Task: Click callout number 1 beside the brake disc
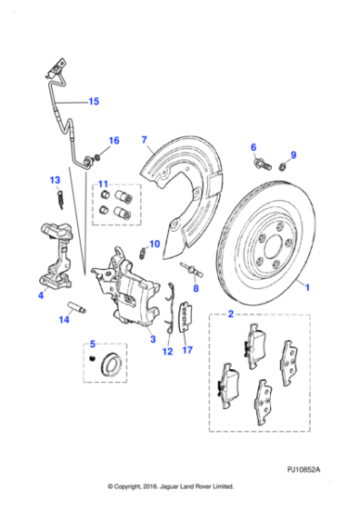click(x=307, y=287)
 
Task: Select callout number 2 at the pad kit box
click(x=231, y=314)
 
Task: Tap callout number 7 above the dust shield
click(x=144, y=139)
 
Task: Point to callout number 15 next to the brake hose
click(x=93, y=102)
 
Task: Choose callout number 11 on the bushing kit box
click(x=103, y=185)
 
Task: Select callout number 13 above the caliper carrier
click(x=54, y=181)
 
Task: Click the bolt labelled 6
click(x=260, y=165)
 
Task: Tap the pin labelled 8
click(x=192, y=268)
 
